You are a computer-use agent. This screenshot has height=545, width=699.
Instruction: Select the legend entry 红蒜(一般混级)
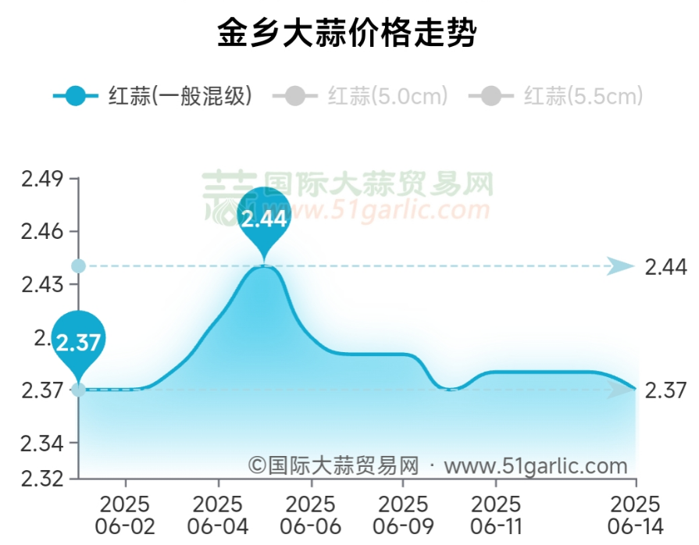click(x=152, y=97)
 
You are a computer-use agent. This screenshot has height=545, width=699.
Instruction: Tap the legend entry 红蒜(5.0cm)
click(x=360, y=97)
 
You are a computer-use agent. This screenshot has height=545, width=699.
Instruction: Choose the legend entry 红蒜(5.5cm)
click(x=556, y=97)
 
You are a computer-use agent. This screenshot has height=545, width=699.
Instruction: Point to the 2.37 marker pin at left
click(x=78, y=341)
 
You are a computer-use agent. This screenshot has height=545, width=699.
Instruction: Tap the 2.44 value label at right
click(x=665, y=267)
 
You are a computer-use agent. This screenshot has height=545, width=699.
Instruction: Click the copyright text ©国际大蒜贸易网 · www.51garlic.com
click(x=438, y=466)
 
